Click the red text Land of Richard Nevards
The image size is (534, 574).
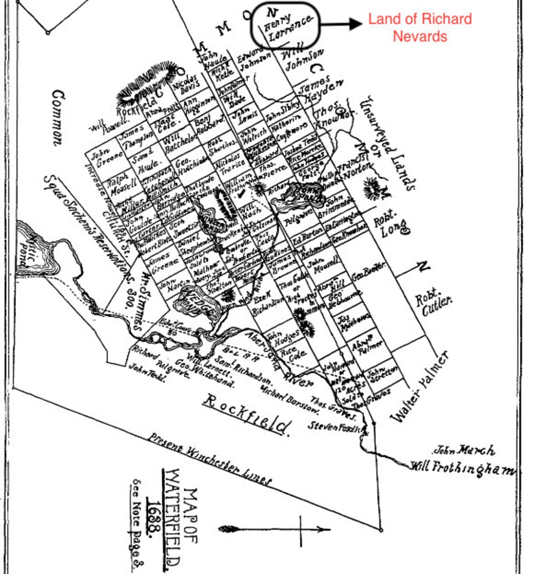point(420,27)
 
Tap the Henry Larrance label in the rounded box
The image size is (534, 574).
point(287,26)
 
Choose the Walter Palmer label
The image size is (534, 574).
point(421,387)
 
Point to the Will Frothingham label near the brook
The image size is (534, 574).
point(462,468)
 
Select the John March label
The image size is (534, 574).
point(464,450)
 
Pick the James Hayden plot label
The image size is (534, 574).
point(319,88)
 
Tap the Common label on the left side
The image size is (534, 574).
point(58,117)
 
